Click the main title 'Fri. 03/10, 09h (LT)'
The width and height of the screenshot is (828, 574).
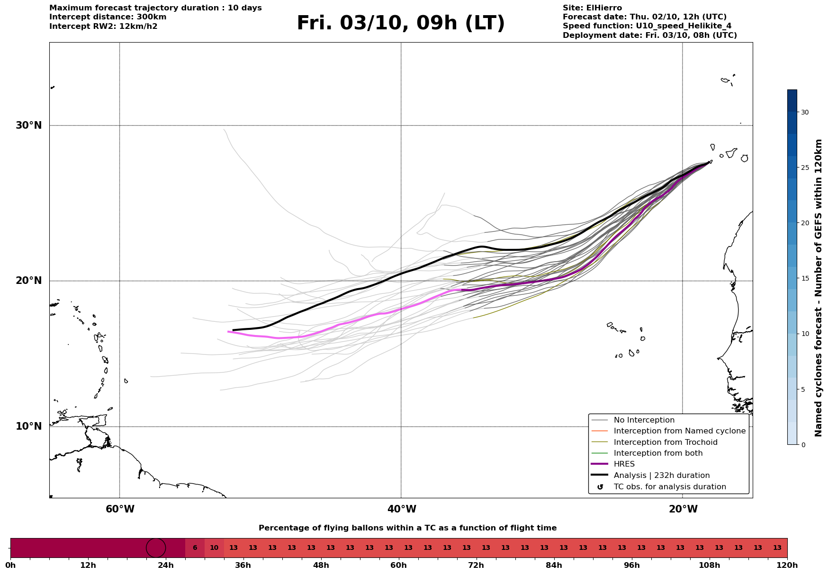(401, 23)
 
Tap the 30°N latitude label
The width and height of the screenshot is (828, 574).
(28, 125)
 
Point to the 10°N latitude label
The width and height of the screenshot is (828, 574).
(28, 426)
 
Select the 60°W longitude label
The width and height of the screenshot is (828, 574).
(120, 509)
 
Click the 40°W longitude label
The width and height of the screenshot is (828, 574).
(402, 509)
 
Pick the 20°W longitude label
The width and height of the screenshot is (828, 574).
(683, 509)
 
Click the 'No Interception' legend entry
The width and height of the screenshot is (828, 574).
(644, 420)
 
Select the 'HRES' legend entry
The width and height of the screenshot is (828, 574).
(624, 464)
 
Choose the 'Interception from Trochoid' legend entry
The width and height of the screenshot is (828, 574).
(665, 442)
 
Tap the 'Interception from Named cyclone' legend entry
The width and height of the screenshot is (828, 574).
(679, 431)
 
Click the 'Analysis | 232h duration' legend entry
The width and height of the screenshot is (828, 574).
(661, 476)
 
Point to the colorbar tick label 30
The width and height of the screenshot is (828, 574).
(805, 112)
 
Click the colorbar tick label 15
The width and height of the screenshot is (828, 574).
(805, 278)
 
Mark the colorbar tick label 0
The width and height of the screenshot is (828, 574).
(803, 445)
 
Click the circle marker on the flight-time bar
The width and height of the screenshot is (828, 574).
(156, 548)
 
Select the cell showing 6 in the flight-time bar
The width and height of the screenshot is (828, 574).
(195, 548)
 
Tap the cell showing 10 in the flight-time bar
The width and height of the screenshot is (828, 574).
(214, 548)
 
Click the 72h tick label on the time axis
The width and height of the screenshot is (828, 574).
(476, 565)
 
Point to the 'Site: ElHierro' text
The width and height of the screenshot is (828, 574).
(592, 8)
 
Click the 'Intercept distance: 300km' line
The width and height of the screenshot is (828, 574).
(108, 17)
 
